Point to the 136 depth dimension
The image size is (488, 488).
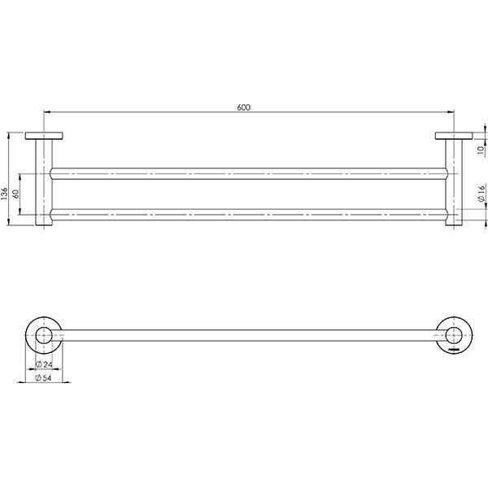pos(5,193)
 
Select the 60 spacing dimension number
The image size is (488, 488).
pos(15,194)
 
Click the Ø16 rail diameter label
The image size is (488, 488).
pos(480,193)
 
